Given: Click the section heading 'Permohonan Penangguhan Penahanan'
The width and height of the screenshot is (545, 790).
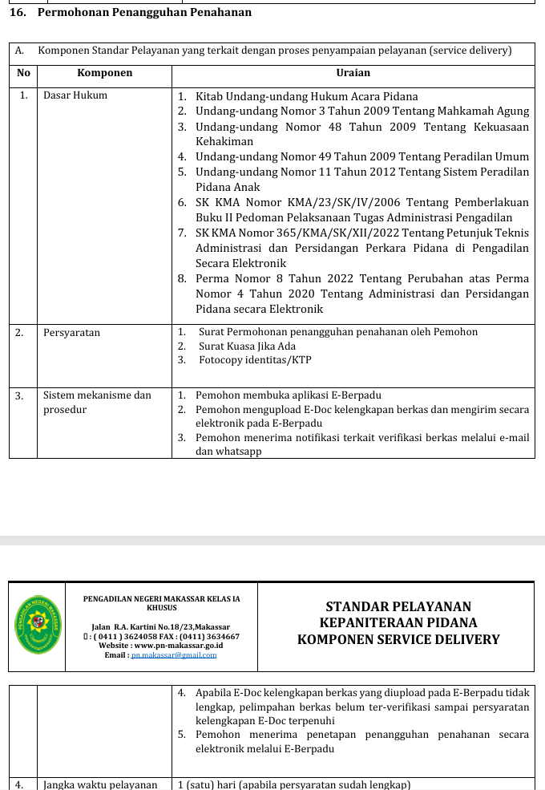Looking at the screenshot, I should tap(144, 12).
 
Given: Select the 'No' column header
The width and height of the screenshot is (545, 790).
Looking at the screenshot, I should tap(23, 73).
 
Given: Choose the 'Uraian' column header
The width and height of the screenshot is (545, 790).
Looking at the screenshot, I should tap(353, 73).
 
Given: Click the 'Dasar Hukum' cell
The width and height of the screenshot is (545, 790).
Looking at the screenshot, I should tap(75, 95).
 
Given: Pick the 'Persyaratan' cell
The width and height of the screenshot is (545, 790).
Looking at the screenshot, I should tap(72, 332).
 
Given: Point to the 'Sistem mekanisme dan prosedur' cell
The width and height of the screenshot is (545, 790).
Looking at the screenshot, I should tap(97, 402).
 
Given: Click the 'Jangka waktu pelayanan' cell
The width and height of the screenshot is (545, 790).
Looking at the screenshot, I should tap(100, 784).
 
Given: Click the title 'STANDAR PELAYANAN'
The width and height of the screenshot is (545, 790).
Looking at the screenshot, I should tap(398, 607).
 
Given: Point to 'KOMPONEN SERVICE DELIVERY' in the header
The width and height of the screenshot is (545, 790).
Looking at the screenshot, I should tap(398, 640).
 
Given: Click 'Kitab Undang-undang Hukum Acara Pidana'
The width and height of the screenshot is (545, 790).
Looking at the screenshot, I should tap(307, 96).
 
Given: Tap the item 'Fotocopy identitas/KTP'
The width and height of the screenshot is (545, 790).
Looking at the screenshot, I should tap(256, 360).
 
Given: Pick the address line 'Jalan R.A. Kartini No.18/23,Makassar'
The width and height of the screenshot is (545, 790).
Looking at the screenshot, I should tap(161, 626).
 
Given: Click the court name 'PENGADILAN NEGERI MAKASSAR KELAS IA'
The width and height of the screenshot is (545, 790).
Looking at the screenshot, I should tap(161, 598).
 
